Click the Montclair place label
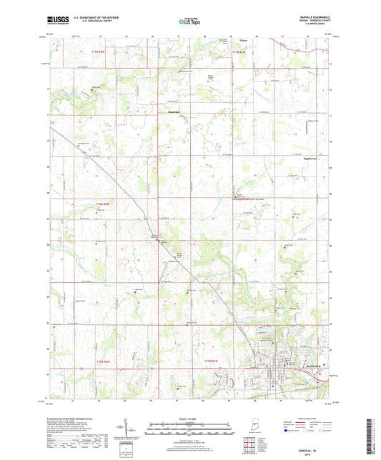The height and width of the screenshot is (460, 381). (165, 111)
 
